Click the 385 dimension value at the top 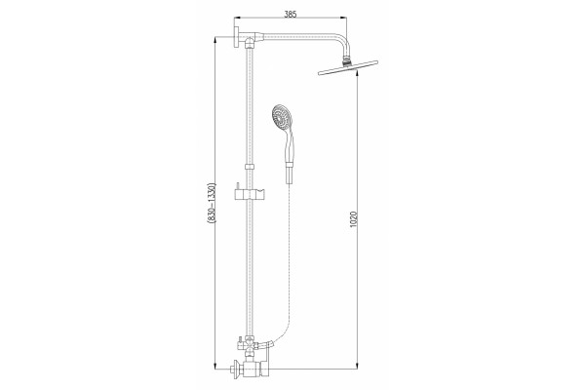point(291,15)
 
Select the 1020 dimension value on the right point(354,219)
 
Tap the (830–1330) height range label point(212,203)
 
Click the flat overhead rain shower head point(348,67)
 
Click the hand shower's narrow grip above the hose point(290,174)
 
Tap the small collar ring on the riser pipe point(250,167)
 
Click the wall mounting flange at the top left point(237,37)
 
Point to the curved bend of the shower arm point(345,40)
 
